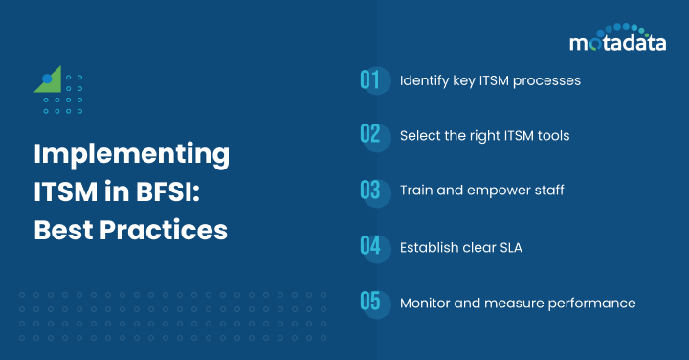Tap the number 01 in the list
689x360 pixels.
tap(370, 80)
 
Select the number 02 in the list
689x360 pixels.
tap(370, 135)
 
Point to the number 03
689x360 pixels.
tap(370, 191)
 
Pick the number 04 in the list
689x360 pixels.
tap(370, 246)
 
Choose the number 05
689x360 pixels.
tap(370, 303)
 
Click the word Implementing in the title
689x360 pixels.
tap(131, 155)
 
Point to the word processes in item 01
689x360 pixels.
tap(546, 80)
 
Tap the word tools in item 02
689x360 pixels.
tap(551, 135)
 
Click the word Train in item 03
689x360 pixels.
tap(416, 191)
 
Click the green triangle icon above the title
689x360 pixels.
tap(52, 80)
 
